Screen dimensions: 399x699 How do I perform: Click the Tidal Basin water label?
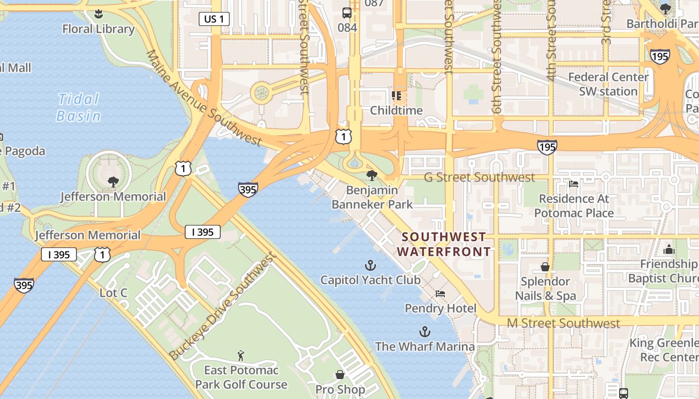tap(79, 108)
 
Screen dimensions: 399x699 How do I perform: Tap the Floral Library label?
tap(98, 29)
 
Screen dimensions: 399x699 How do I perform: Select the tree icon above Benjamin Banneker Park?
tap(371, 175)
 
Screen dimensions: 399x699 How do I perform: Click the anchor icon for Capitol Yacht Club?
tap(370, 265)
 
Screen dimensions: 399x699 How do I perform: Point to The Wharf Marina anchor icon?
tap(424, 332)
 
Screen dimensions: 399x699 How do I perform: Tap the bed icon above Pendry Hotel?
tap(440, 294)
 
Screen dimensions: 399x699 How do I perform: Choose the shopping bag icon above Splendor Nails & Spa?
tap(545, 267)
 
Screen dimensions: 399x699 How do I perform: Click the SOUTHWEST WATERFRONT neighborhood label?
tap(444, 244)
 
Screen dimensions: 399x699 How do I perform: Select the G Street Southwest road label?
tap(479, 177)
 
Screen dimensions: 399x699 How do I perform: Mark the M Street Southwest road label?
tap(563, 323)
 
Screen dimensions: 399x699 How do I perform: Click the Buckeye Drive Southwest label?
tap(222, 307)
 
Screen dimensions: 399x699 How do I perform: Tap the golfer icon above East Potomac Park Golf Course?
tap(241, 356)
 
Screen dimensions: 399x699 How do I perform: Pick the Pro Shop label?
tap(340, 389)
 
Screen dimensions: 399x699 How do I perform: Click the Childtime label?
tap(396, 110)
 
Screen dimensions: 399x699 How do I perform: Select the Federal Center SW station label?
tap(608, 84)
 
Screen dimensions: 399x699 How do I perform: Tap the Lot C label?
tap(113, 293)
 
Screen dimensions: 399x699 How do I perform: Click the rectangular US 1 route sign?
tap(214, 19)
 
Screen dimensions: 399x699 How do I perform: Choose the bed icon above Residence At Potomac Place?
tap(573, 184)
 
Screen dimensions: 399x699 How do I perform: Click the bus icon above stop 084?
tap(347, 13)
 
